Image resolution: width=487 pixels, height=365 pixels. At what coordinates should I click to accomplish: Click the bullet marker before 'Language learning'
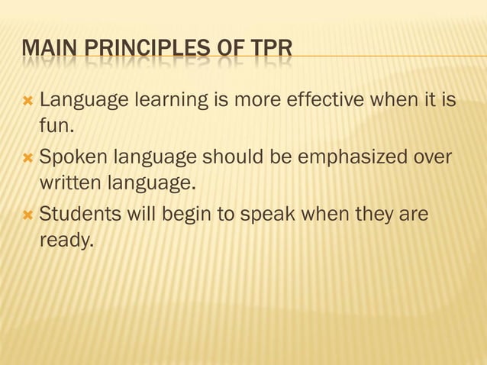pyautogui.click(x=28, y=100)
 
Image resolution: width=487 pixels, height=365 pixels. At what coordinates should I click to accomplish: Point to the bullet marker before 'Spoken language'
pyautogui.click(x=28, y=157)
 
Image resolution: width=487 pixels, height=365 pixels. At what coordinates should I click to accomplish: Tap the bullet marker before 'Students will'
pyautogui.click(x=28, y=215)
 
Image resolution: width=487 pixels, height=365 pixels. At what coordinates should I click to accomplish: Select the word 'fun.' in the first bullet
pyautogui.click(x=58, y=128)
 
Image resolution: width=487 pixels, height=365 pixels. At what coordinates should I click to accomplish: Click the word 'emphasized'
pyautogui.click(x=350, y=157)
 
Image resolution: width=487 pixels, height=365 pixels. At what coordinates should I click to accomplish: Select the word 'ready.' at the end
pyautogui.click(x=66, y=242)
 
